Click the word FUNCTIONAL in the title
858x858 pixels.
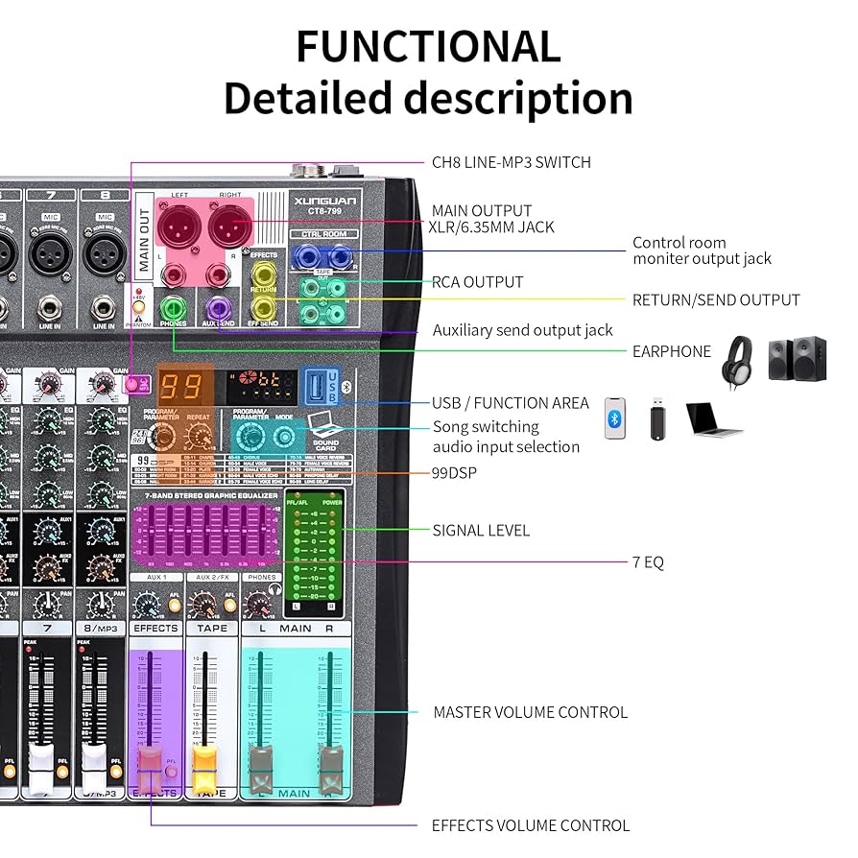click(x=428, y=46)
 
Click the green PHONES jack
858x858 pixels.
click(x=174, y=307)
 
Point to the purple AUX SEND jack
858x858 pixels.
click(x=218, y=307)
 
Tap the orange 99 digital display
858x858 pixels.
click(x=180, y=387)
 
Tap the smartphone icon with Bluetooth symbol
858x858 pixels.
click(x=615, y=419)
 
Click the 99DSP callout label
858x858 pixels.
click(x=455, y=473)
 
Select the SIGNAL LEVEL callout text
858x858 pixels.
click(x=481, y=530)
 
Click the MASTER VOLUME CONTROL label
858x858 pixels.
click(x=530, y=712)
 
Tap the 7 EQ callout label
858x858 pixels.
click(x=648, y=562)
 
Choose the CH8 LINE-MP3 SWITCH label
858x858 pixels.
click(x=511, y=162)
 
